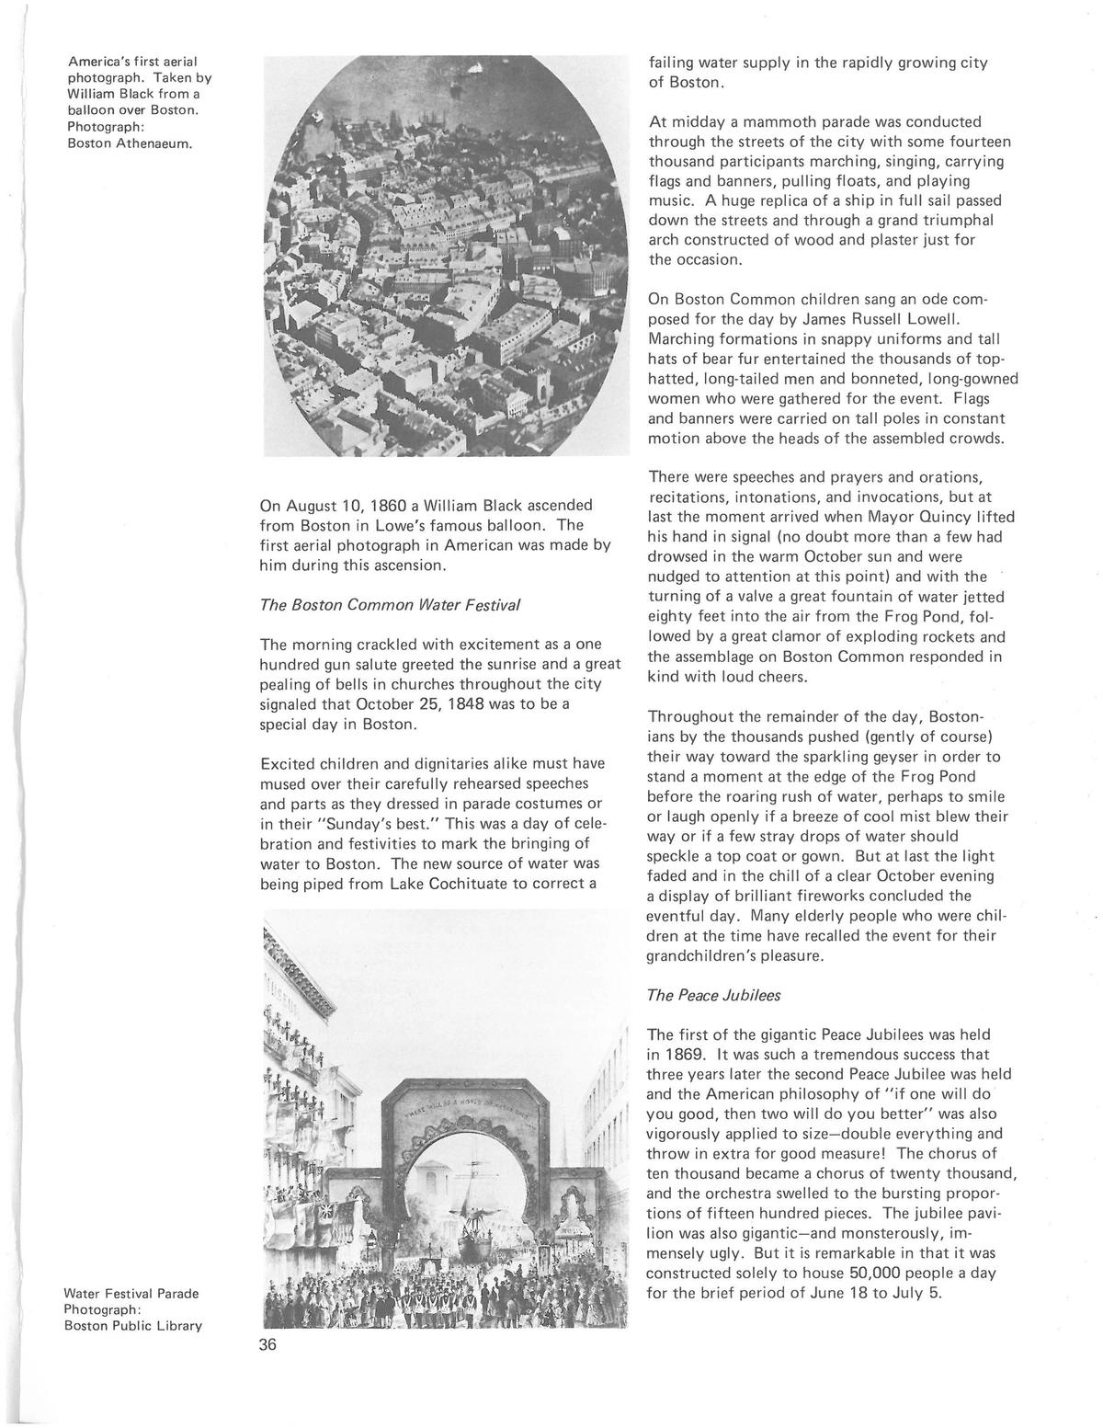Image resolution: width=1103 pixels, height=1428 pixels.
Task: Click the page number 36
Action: tap(268, 1344)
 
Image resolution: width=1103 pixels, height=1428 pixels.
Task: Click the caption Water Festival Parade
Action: tap(131, 1293)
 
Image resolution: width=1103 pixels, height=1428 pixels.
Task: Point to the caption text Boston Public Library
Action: tap(132, 1325)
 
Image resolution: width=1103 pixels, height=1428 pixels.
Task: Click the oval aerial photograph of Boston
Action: tap(445, 256)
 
